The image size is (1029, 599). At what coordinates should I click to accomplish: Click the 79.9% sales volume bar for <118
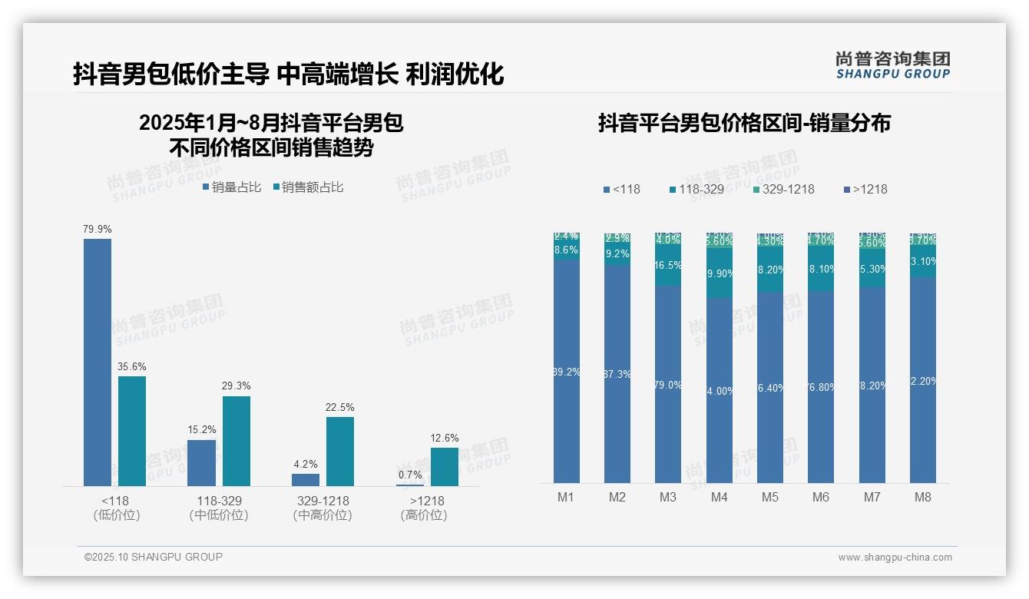pyautogui.click(x=98, y=362)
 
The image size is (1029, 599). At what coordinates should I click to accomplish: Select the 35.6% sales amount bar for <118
pyautogui.click(x=132, y=431)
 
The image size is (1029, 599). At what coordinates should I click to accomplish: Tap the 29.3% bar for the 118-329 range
pyautogui.click(x=237, y=441)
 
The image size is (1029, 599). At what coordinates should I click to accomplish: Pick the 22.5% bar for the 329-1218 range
pyautogui.click(x=340, y=451)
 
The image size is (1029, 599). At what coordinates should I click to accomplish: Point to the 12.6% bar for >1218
pyautogui.click(x=445, y=466)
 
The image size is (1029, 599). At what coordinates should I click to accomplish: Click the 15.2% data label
pyautogui.click(x=202, y=429)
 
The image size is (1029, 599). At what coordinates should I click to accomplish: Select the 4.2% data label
pyautogui.click(x=306, y=464)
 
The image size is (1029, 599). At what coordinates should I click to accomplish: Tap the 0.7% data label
pyautogui.click(x=410, y=475)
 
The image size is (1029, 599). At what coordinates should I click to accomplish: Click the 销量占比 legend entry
pyautogui.click(x=232, y=187)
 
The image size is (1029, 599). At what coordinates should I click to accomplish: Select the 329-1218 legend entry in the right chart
pyautogui.click(x=783, y=189)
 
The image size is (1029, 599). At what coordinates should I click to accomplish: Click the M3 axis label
pyautogui.click(x=668, y=497)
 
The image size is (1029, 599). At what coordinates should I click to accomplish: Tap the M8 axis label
pyautogui.click(x=923, y=497)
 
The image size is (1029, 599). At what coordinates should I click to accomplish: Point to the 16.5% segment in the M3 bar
pyautogui.click(x=668, y=266)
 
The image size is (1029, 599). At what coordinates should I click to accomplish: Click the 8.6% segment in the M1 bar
pyautogui.click(x=566, y=250)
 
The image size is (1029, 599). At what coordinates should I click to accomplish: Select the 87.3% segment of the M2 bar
pyautogui.click(x=617, y=374)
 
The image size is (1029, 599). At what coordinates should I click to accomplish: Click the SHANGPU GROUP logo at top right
pyautogui.click(x=893, y=65)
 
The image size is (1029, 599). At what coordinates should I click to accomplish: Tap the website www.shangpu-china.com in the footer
pyautogui.click(x=895, y=558)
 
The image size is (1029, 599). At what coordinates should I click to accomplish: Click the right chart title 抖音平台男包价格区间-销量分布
pyautogui.click(x=744, y=123)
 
